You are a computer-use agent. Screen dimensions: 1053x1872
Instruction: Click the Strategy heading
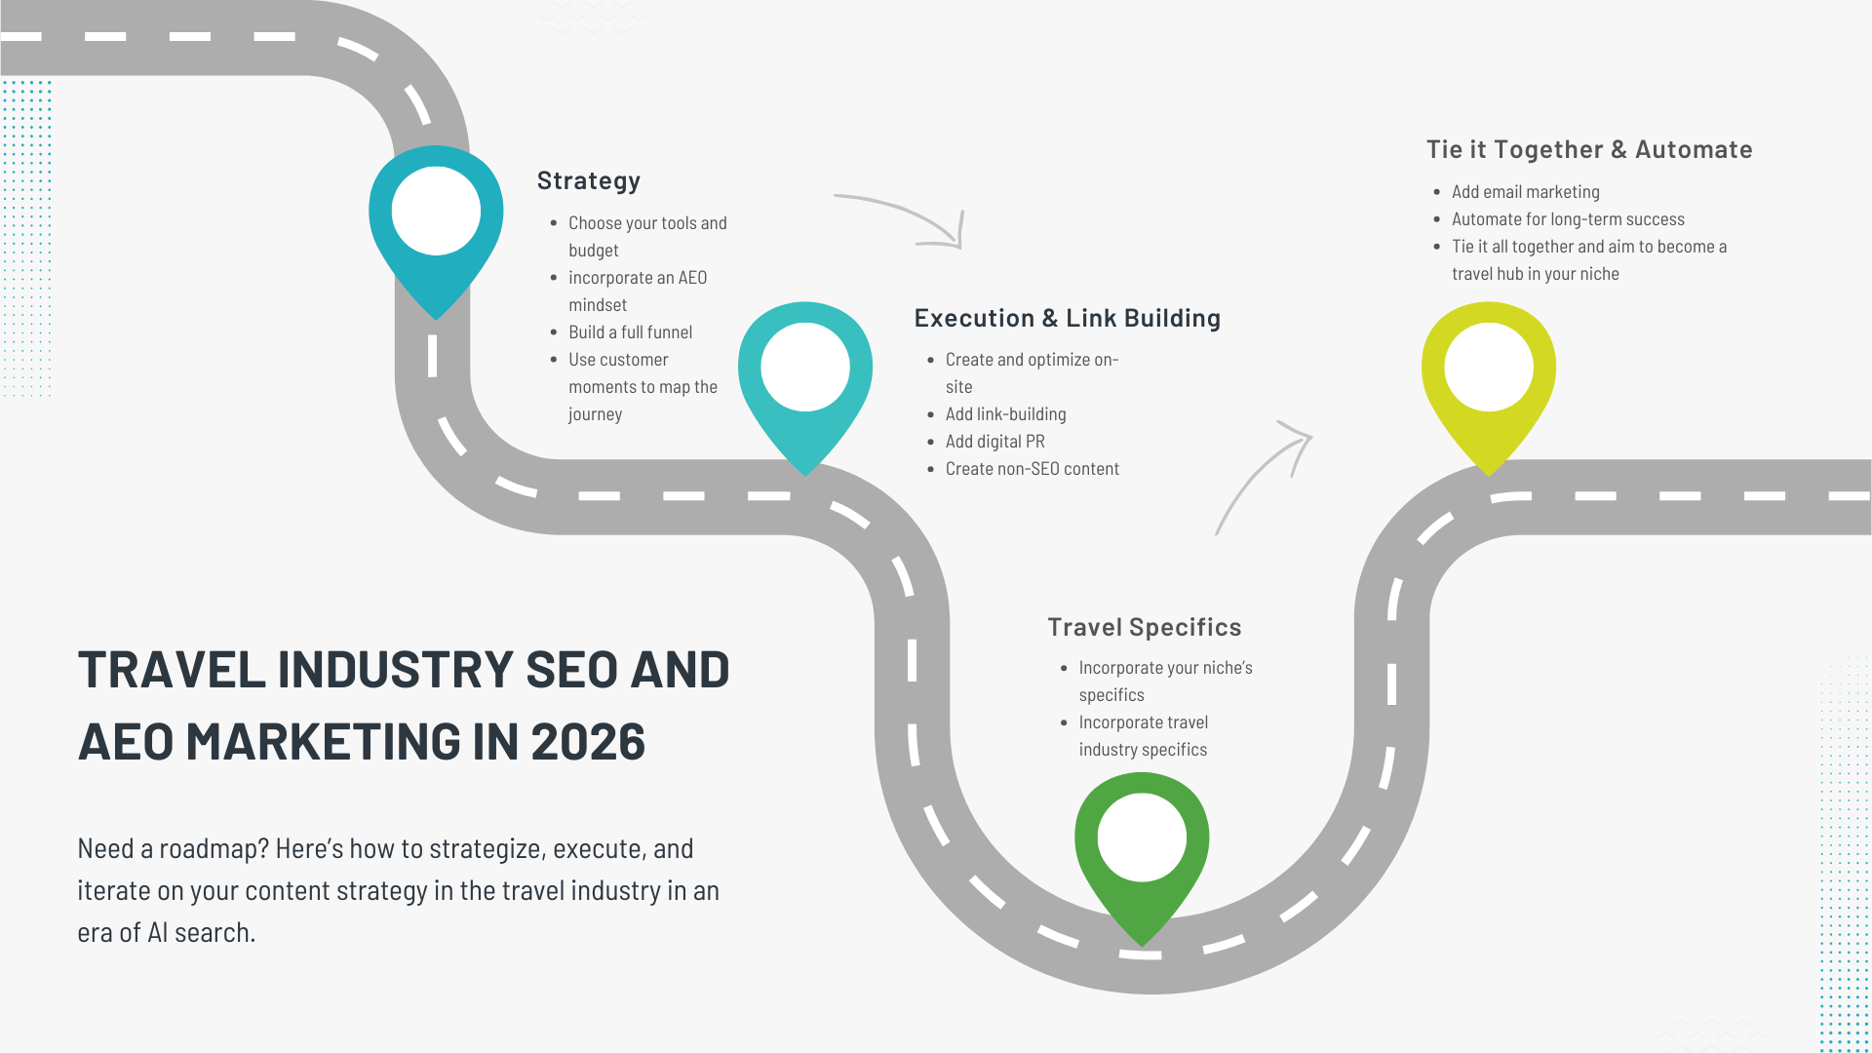[x=588, y=181]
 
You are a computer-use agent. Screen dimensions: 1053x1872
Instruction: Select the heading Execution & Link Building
[x=1067, y=319]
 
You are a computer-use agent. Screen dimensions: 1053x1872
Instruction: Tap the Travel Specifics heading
[x=1144, y=627]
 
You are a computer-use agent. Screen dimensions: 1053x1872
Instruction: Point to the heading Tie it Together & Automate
[x=1588, y=149]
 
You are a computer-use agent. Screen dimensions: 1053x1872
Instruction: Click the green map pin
[x=1142, y=848]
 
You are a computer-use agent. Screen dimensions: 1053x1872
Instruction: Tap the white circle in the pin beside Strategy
[x=436, y=211]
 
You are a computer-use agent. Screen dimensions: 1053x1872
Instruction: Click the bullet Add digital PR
[x=994, y=442]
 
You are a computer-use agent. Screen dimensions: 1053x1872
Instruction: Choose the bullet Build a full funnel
[x=630, y=332]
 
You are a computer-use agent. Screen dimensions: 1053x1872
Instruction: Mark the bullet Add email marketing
[x=1525, y=192]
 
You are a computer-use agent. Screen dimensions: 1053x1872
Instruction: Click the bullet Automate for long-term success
[x=1568, y=219]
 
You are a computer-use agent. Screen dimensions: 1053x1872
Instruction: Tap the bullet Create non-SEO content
[x=1032, y=469]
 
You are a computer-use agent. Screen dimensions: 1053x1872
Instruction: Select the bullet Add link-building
[x=1005, y=414]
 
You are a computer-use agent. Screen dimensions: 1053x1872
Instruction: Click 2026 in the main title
[x=588, y=742]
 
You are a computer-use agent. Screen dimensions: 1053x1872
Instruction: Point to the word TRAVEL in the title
[x=172, y=670]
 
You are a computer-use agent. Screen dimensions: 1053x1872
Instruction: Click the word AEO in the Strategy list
[x=692, y=278]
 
